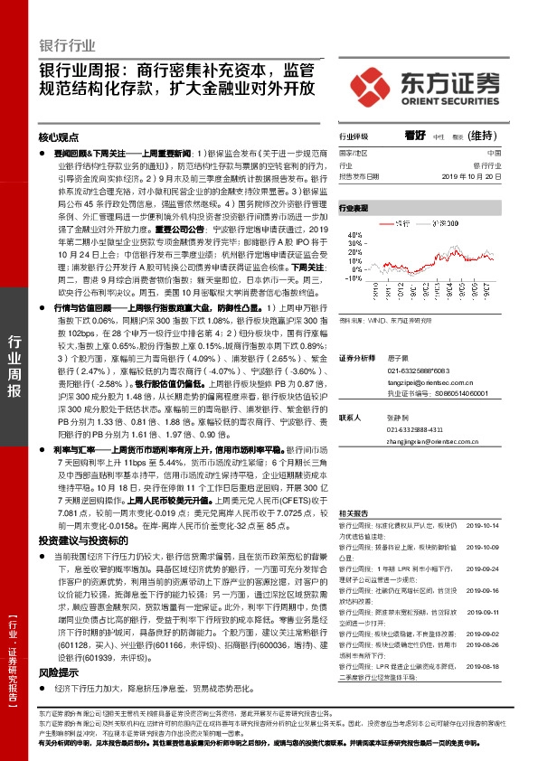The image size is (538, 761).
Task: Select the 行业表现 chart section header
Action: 354,207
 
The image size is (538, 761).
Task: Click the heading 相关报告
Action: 352,512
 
